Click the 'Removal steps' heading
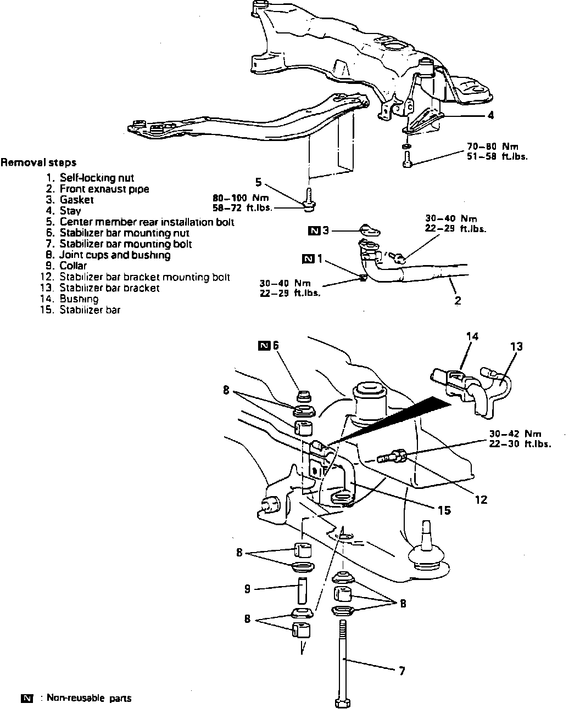pos(38,162)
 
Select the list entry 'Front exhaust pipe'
pos(104,189)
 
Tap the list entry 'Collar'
pos(73,266)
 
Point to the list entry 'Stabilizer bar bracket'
pos(110,288)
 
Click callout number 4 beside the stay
pos(490,115)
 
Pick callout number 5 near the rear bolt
pos(258,181)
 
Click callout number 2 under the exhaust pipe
pos(458,300)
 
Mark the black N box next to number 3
pos(314,230)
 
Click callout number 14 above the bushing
pos(471,336)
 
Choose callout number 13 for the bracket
pos(516,347)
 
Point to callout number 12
pos(481,500)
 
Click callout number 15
pos(444,510)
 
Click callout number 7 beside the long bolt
pos(402,671)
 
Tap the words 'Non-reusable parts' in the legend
pos(89,699)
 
